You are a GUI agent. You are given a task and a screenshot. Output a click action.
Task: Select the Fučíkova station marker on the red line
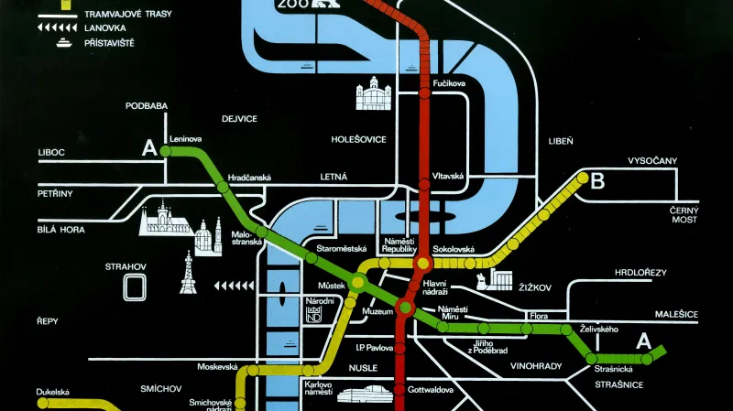(x=424, y=92)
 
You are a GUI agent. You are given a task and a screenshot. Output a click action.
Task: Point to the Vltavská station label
(x=449, y=175)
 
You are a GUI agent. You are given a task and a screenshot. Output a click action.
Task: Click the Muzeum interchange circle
(x=405, y=308)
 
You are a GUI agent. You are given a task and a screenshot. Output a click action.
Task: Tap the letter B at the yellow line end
(x=597, y=181)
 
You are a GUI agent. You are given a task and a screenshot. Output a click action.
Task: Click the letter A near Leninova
(x=149, y=147)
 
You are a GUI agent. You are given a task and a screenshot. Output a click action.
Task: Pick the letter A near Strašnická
(x=643, y=341)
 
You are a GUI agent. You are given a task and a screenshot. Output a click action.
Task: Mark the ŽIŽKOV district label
(x=534, y=287)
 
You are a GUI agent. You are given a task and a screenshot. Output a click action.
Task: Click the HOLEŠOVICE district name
(x=334, y=141)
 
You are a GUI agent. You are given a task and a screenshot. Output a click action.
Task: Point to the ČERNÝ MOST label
(x=683, y=214)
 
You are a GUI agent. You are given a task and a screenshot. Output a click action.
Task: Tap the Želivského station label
(x=600, y=329)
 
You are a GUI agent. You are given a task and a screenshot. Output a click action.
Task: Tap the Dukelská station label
(x=54, y=392)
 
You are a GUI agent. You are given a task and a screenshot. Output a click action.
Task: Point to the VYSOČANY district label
(x=651, y=161)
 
